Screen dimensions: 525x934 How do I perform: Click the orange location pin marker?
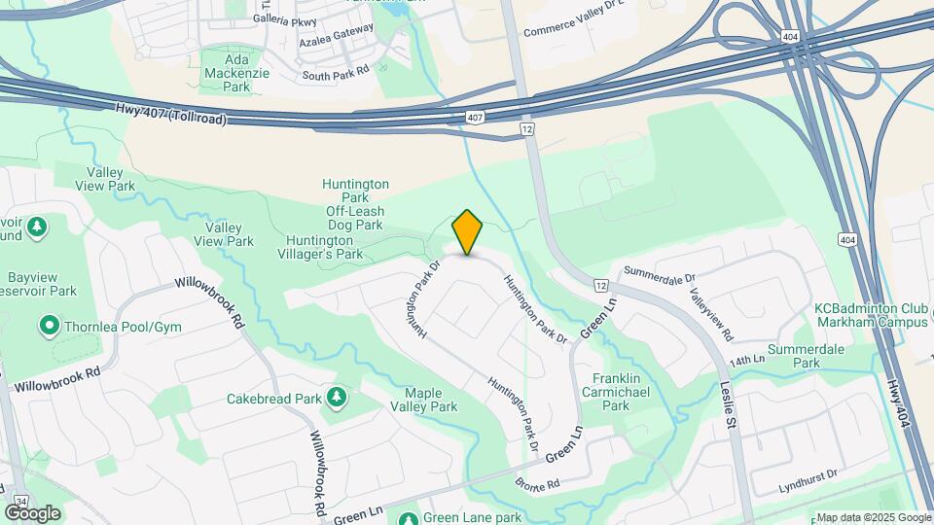tap(467, 232)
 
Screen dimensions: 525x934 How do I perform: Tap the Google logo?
tap(32, 512)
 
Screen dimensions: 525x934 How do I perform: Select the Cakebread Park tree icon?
tap(336, 398)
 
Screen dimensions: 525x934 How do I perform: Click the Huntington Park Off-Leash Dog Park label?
tap(355, 204)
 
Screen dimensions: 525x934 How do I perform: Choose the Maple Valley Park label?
tap(424, 400)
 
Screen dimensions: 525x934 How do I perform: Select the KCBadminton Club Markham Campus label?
tap(870, 315)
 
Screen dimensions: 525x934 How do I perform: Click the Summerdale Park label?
tap(804, 356)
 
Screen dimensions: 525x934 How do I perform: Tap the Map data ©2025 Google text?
tap(874, 517)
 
